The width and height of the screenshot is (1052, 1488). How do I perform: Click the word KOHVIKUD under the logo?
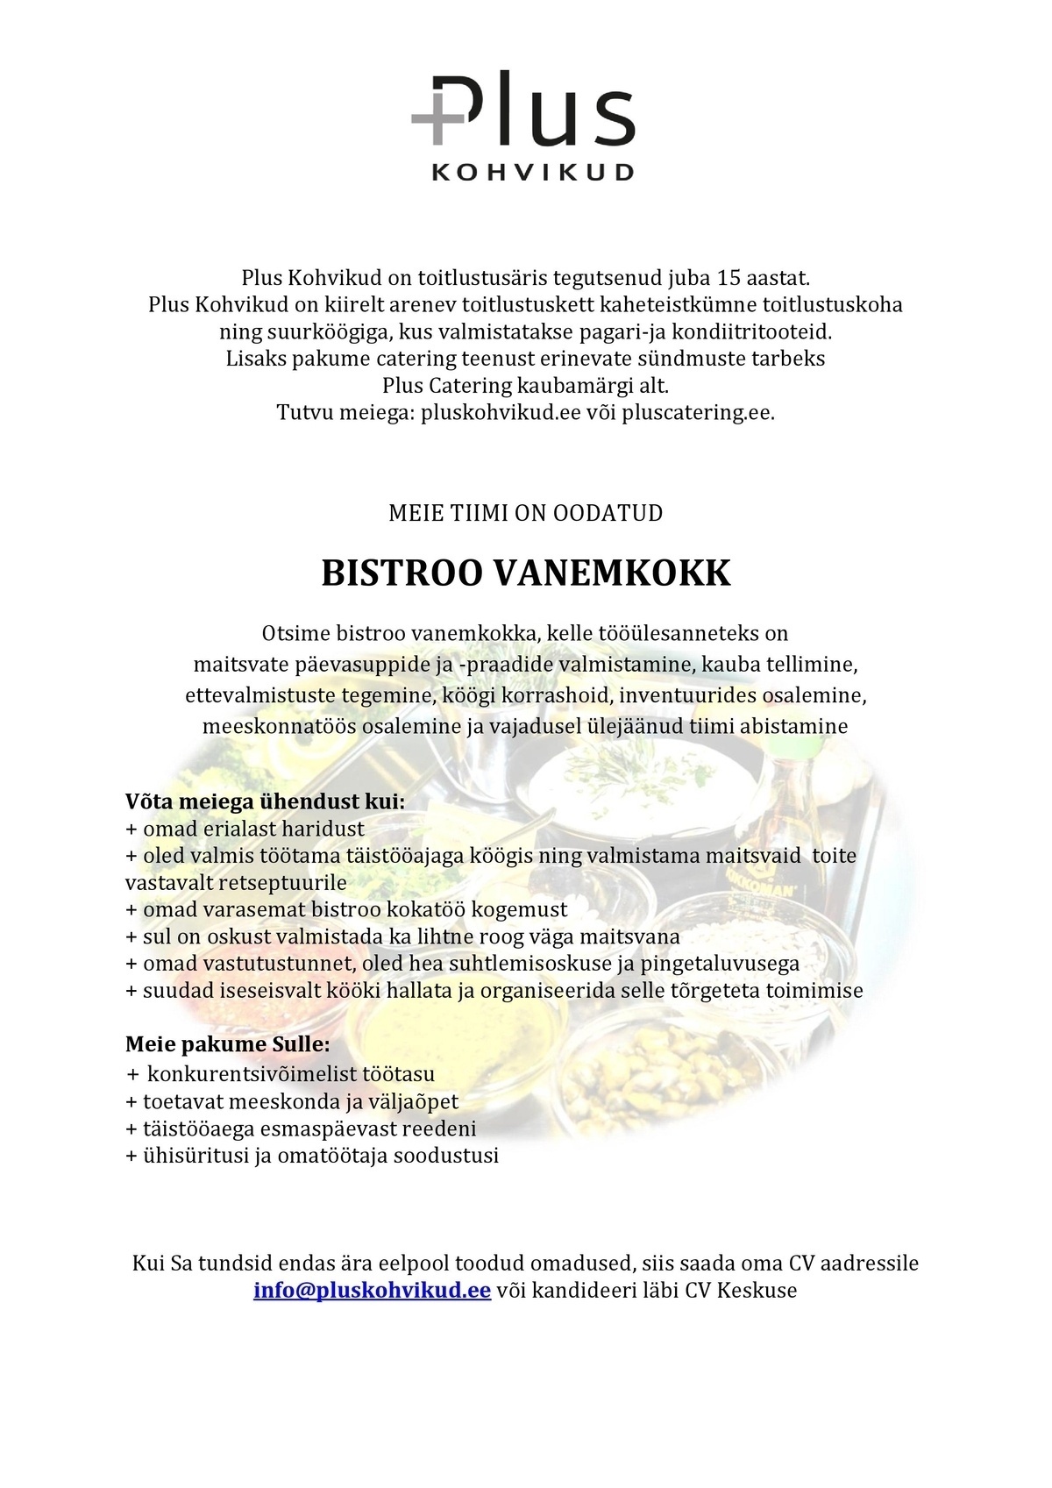point(532,173)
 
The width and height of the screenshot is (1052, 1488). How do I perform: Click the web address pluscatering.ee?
point(698,412)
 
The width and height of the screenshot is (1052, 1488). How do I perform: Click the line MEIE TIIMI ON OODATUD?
point(526,513)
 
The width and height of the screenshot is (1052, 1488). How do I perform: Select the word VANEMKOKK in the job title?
point(611,574)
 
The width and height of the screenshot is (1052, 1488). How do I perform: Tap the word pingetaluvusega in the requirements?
point(732,964)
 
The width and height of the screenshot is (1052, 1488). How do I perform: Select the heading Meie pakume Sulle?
point(227,1044)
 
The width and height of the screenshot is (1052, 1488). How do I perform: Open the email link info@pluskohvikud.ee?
point(372,1292)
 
